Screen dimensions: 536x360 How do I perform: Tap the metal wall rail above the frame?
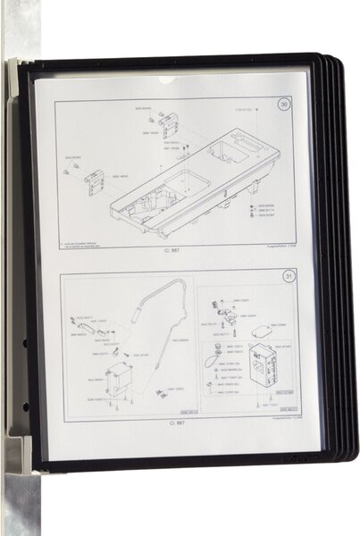coord(21,27)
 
